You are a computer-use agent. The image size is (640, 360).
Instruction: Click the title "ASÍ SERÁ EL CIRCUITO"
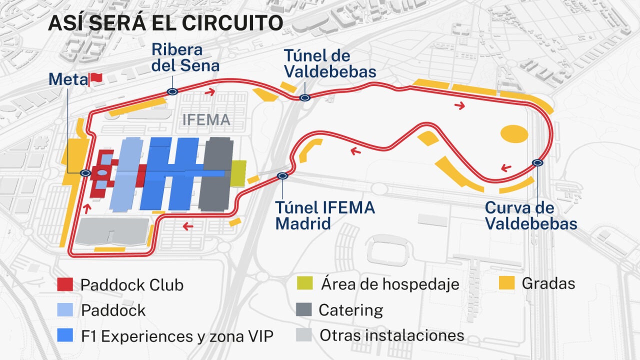165,23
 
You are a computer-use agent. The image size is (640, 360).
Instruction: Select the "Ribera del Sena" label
185,57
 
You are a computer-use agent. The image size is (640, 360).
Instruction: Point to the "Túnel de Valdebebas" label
329,63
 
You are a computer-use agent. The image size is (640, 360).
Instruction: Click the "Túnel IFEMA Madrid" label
325,215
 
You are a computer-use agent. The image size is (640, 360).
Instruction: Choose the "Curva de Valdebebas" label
531,215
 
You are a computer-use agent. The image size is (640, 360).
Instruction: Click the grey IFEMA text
206,120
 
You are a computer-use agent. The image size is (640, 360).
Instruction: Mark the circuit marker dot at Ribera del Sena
172,91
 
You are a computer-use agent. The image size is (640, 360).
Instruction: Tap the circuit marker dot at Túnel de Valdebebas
304,98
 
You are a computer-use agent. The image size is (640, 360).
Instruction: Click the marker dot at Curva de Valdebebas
537,162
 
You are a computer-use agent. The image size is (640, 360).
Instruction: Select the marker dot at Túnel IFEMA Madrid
282,176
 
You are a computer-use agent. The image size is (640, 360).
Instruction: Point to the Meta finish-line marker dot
85,173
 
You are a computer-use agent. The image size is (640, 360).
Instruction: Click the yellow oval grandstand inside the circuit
514,134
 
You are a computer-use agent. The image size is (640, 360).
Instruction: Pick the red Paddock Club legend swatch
65,284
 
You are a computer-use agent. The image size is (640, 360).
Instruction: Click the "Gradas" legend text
548,283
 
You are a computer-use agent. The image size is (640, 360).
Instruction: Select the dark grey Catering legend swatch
303,309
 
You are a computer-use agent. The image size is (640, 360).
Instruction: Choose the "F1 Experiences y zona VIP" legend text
177,336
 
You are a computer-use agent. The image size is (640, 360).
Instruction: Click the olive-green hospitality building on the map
238,173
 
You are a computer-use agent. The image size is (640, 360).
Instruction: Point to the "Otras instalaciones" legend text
392,335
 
